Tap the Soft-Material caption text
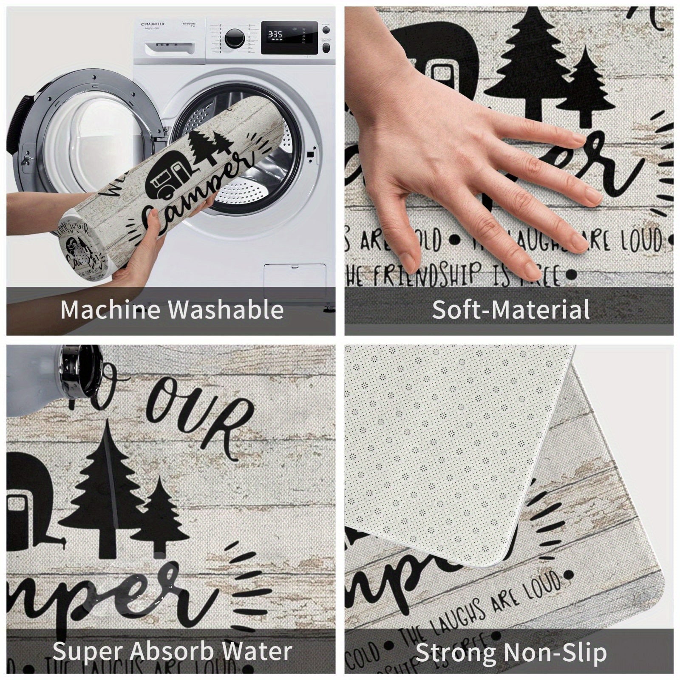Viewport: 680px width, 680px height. [x=510, y=310]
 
